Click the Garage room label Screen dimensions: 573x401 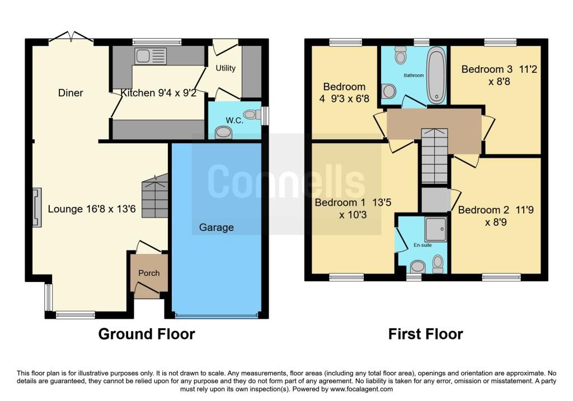217,228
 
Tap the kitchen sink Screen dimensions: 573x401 151,56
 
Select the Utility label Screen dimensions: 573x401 226,68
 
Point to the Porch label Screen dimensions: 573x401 149,273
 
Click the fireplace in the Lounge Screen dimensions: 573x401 37,207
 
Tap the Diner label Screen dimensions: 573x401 71,93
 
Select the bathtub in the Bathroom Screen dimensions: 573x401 436,76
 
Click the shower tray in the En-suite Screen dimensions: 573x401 436,229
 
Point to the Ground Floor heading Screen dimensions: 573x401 147,334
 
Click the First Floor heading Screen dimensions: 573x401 425,334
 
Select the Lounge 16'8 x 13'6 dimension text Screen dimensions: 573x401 92,209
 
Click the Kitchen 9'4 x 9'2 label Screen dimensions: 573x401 158,93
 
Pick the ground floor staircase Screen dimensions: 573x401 154,196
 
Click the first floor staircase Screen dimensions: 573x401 434,156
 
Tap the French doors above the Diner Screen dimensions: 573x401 71,37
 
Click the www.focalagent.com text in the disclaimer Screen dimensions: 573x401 361,389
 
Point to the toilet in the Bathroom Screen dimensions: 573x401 401,54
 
